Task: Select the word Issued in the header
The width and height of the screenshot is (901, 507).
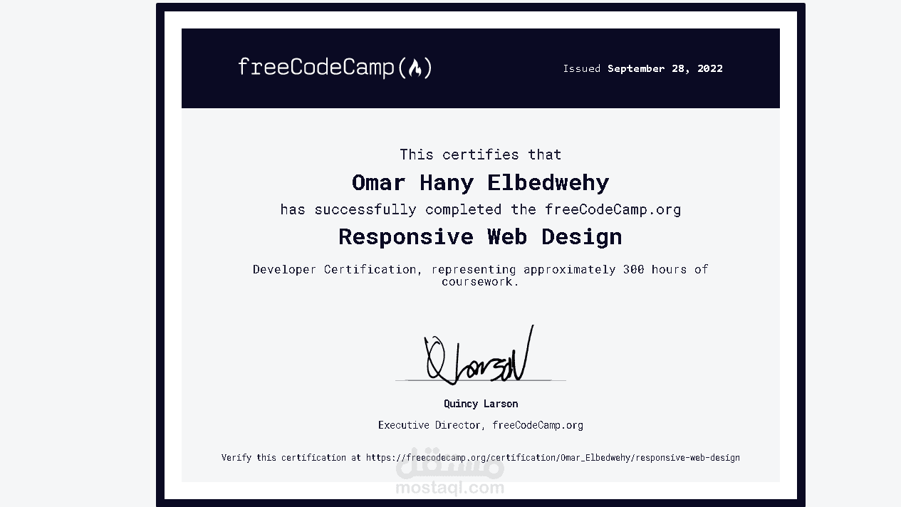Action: (581, 68)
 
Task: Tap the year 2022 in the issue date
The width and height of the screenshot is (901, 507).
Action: (709, 68)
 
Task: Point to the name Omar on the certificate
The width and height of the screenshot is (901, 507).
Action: (378, 183)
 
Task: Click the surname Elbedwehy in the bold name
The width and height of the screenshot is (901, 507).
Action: (548, 183)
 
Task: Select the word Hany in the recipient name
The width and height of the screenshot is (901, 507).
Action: (446, 183)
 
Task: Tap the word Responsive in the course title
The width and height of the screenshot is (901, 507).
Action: (405, 236)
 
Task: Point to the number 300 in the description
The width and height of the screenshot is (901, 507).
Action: (633, 269)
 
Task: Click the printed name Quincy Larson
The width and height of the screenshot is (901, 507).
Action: (481, 404)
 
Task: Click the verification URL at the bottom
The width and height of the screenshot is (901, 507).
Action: (553, 458)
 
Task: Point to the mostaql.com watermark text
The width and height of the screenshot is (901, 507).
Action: (449, 488)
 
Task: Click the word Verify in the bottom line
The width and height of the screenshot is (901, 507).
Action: (236, 458)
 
